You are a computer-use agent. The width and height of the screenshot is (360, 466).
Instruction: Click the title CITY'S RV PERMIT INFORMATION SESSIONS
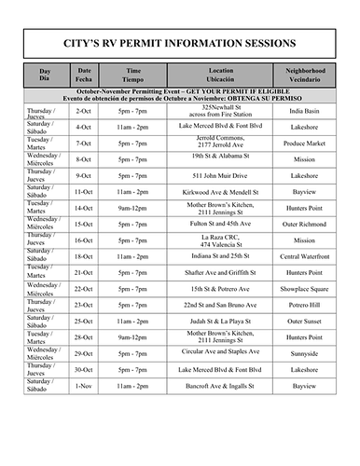click(179, 43)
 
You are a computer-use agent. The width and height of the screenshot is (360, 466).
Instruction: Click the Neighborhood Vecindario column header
click(304, 75)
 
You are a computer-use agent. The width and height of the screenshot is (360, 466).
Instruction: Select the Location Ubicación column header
click(221, 75)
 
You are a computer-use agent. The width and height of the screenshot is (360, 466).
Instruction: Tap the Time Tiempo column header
click(133, 75)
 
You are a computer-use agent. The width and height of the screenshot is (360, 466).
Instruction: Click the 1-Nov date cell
click(84, 384)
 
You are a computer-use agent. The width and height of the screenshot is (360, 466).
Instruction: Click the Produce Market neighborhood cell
click(304, 143)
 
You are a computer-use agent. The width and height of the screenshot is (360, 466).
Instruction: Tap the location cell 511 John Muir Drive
click(221, 175)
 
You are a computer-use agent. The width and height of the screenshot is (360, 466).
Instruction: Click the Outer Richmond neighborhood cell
click(304, 224)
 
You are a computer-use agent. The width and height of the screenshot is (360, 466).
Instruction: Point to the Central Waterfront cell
click(304, 255)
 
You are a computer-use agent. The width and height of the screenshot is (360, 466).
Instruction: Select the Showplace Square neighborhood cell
click(304, 288)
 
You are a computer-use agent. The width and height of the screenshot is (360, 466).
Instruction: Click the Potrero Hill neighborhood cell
click(304, 304)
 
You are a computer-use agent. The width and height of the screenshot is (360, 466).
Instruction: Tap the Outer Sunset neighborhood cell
click(304, 320)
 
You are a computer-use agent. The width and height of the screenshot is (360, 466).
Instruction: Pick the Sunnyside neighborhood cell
click(304, 352)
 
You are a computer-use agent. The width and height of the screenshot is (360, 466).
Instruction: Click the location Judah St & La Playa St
click(221, 320)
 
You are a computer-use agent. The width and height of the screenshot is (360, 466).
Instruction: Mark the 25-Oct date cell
click(84, 320)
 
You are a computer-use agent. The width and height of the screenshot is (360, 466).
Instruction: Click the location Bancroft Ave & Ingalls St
click(221, 384)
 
